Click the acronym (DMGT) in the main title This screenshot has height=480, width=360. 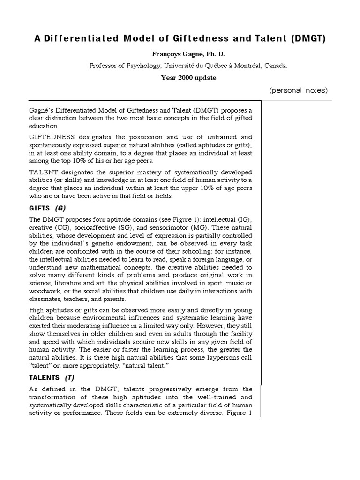click(x=307, y=39)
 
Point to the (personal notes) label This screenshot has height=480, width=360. click(x=299, y=90)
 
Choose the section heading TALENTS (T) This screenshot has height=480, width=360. click(x=51, y=378)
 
